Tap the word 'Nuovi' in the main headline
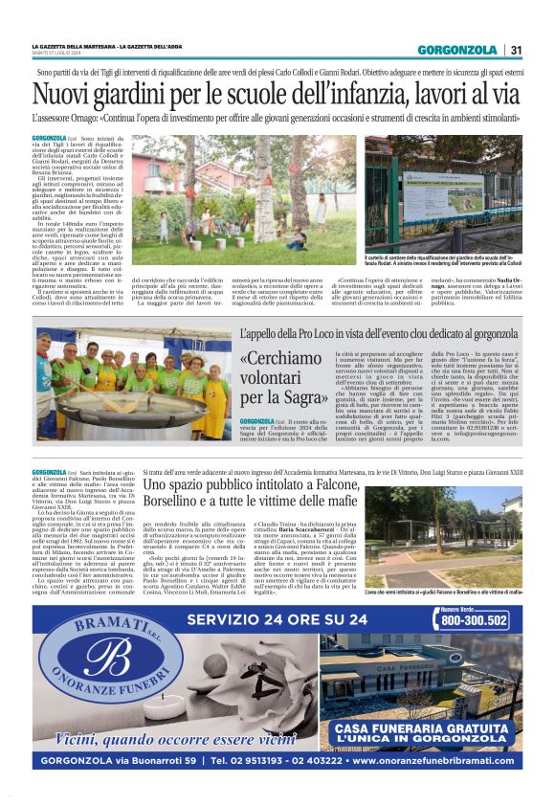pyautogui.click(x=62, y=96)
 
